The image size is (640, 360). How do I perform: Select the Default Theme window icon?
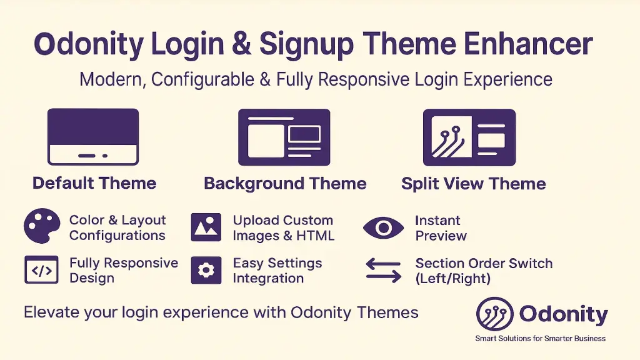[x=93, y=137]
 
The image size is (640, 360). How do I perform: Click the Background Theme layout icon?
[x=284, y=137]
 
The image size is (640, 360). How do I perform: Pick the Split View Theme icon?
[x=469, y=137]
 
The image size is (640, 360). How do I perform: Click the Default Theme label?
[x=94, y=183]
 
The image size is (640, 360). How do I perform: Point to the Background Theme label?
[x=285, y=184]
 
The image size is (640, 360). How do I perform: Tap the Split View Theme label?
[x=473, y=184]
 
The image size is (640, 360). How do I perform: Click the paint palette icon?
[x=42, y=226]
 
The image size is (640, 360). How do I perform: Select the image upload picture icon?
[x=206, y=227]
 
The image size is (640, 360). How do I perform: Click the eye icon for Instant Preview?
[x=384, y=228]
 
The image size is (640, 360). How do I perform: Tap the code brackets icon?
[x=41, y=270]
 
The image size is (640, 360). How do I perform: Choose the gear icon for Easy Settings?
[x=206, y=270]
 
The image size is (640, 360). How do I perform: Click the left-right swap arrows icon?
[x=383, y=271]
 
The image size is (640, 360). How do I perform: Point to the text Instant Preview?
[x=441, y=228]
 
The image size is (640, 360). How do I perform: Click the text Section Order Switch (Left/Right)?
[x=483, y=271]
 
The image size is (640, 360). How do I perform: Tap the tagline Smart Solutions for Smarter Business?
[x=540, y=339]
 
